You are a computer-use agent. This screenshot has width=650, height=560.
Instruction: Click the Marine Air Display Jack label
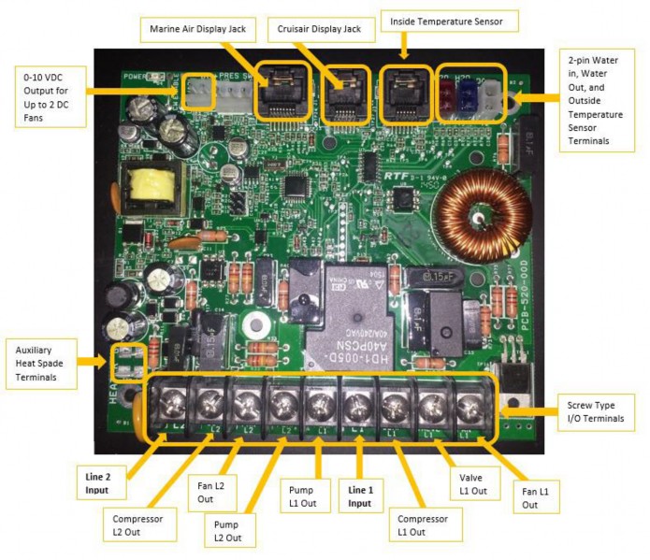coord(197,30)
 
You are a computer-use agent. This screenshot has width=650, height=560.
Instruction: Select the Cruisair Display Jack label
coord(321,30)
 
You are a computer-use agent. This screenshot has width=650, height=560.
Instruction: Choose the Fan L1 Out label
coord(529,495)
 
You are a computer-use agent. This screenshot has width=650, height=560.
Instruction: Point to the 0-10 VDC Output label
coord(47,93)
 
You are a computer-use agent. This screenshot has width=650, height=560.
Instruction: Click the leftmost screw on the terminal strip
coord(167,405)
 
